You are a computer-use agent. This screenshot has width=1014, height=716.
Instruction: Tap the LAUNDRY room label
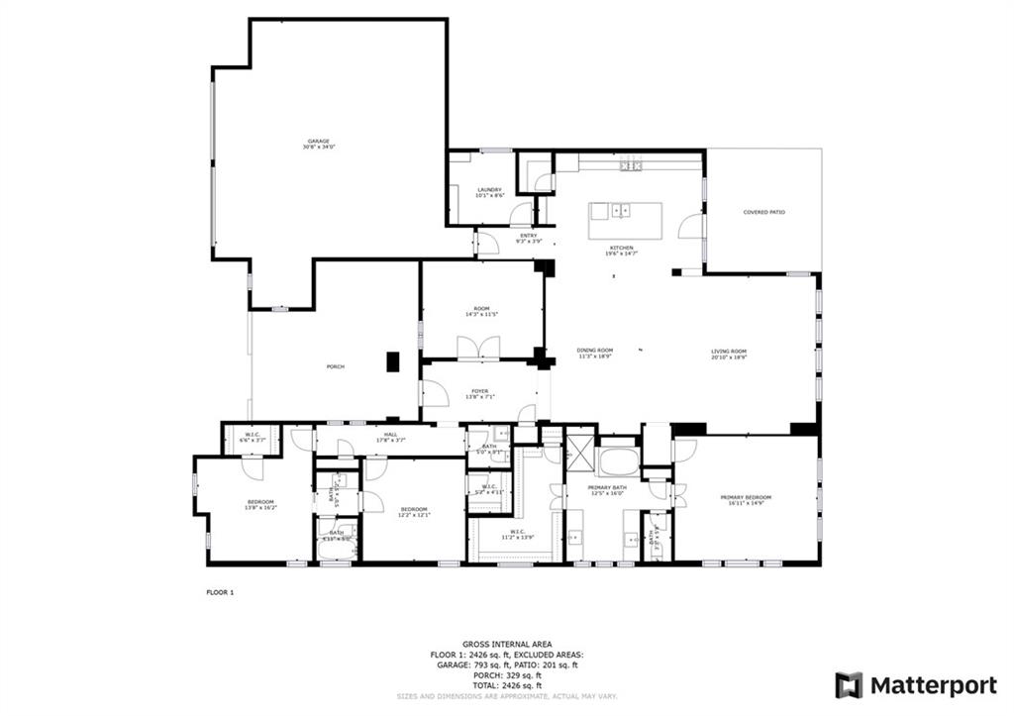489,191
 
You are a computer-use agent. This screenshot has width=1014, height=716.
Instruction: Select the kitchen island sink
622,210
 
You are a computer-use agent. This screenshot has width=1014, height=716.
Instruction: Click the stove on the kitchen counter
631,165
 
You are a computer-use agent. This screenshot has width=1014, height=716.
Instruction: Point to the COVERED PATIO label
764,212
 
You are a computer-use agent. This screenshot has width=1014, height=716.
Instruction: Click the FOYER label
480,392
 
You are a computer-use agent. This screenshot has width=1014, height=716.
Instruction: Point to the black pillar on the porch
393,362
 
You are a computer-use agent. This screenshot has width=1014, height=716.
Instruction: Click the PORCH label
336,367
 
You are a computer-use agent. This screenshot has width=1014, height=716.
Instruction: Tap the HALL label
391,436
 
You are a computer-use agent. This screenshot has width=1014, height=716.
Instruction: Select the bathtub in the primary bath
620,462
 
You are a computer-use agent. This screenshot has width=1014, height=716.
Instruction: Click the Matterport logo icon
849,685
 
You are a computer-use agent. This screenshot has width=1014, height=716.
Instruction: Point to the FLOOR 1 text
219,592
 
